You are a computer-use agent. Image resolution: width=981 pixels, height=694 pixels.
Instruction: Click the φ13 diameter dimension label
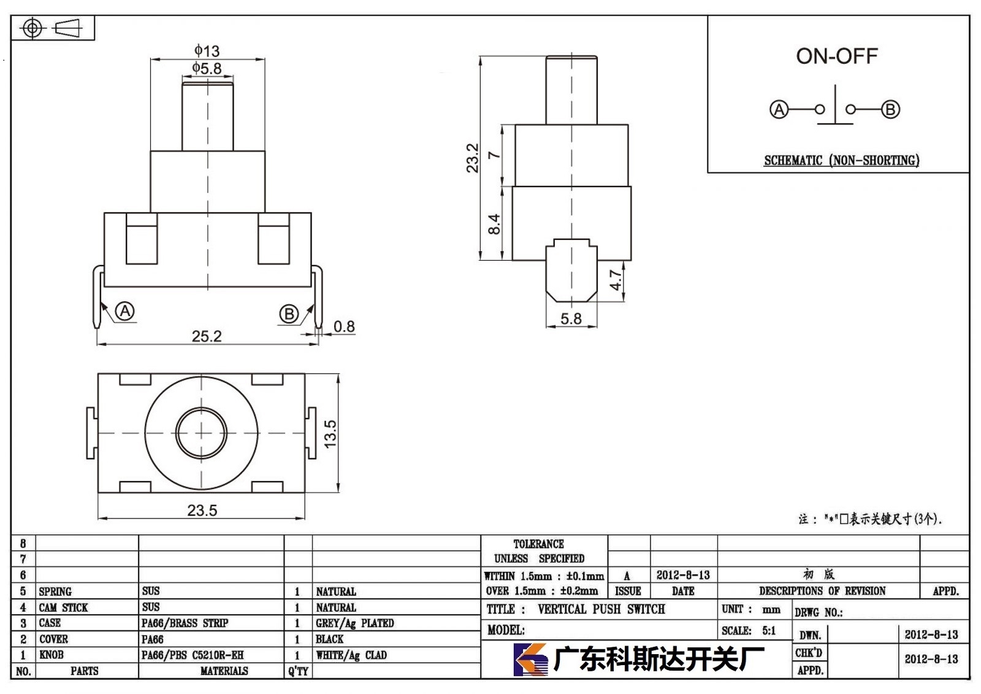207,51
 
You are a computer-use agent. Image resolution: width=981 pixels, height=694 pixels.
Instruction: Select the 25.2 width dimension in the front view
207,336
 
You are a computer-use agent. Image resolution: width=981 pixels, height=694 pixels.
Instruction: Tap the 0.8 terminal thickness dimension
344,326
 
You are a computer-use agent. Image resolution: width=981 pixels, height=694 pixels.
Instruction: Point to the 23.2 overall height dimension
473,158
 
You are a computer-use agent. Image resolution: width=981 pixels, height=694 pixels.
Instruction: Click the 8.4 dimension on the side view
494,224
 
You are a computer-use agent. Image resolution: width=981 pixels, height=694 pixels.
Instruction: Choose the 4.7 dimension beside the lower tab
616,280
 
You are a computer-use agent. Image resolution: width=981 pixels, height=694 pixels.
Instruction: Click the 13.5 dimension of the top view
330,434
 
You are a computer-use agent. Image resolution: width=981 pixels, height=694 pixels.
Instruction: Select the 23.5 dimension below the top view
202,511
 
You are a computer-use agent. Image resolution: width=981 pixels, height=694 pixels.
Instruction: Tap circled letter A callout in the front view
125,311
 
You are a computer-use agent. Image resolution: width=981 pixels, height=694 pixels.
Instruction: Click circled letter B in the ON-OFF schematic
890,109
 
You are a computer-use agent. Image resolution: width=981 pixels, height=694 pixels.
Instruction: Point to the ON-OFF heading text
837,56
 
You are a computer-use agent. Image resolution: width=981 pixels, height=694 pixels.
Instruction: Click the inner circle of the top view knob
202,433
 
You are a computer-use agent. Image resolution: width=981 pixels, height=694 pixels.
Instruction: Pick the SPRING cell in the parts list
55,592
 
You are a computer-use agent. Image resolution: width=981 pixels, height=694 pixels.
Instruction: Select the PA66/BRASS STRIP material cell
185,623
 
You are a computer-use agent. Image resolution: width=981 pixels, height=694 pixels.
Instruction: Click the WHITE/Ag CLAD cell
351,655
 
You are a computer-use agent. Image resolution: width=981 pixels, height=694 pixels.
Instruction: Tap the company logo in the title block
530,660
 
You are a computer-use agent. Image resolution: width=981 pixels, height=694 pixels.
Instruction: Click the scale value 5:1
769,631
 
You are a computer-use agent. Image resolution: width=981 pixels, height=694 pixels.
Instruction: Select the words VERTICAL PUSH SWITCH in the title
601,609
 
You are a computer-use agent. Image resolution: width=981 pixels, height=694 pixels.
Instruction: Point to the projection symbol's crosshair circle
32,28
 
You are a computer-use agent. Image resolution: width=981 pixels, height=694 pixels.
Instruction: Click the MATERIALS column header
224,671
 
